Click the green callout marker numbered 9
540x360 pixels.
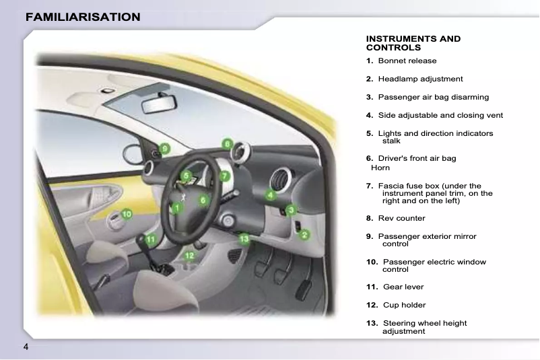click(164, 149)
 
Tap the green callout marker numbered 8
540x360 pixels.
click(228, 143)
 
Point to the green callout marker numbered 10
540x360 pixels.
click(126, 213)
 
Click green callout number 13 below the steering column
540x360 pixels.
click(244, 238)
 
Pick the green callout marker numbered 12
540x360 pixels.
click(190, 255)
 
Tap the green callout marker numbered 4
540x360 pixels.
click(270, 195)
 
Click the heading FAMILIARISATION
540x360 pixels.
click(83, 17)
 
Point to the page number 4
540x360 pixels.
click(26, 347)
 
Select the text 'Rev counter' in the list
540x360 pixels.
click(401, 218)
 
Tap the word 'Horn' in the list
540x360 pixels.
click(380, 167)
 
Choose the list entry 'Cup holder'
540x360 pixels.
click(404, 305)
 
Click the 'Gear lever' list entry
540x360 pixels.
click(403, 287)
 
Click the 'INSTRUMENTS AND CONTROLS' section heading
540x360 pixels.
click(413, 43)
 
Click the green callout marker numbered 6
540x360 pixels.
click(202, 200)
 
